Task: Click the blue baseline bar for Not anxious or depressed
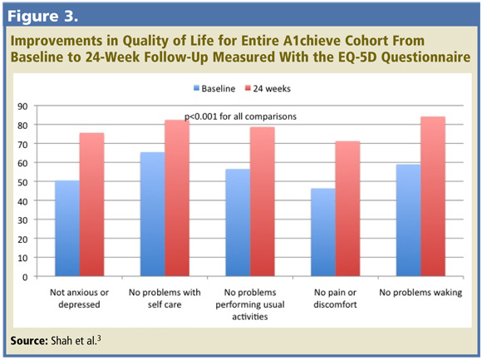pos(67,228)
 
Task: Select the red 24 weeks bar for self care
pos(177,198)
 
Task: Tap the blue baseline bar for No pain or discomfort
pos(323,232)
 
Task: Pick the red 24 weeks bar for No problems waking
pos(433,196)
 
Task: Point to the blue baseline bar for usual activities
pos(238,223)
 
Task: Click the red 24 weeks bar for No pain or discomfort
pos(347,209)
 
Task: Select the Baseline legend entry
pos(214,88)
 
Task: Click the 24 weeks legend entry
pos(268,88)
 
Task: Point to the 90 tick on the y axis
pos(22,106)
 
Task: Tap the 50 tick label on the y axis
pos(22,182)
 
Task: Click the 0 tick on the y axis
pos(25,278)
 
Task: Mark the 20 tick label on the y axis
pos(22,239)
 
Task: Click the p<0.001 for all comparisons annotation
pos(240,116)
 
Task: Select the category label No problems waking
pos(421,293)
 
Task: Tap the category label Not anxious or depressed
pos(79,298)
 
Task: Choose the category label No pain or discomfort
pos(335,298)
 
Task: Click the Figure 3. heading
pos(42,16)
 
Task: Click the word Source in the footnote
pos(29,341)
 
